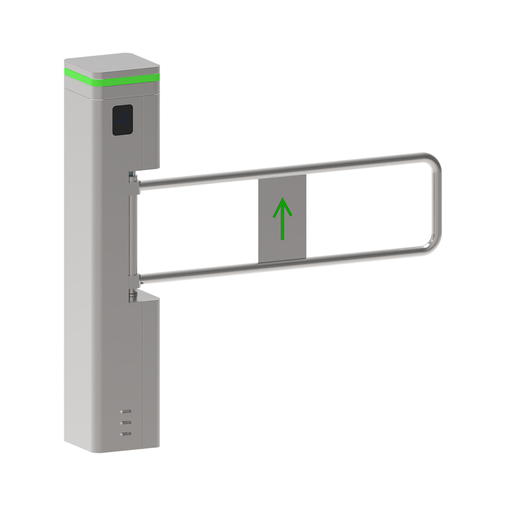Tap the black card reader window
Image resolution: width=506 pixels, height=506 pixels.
122,120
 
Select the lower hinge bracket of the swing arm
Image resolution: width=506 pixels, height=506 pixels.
133,280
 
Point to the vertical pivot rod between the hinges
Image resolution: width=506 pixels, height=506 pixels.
132,233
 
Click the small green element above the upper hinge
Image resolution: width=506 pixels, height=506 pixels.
133,175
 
